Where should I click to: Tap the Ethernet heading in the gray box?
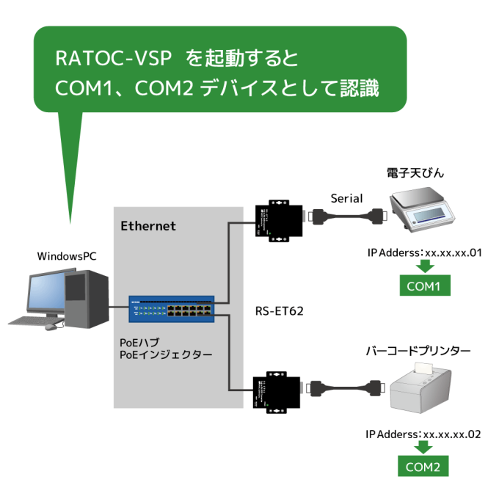point(148,226)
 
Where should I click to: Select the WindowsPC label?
point(66,256)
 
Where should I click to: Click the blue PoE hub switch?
point(171,309)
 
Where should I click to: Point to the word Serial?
point(347,198)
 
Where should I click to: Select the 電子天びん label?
point(416,174)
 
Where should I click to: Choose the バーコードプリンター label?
point(418,352)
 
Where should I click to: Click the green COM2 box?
point(423,466)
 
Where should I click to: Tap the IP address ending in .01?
point(423,253)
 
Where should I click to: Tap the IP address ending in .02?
point(423,434)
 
